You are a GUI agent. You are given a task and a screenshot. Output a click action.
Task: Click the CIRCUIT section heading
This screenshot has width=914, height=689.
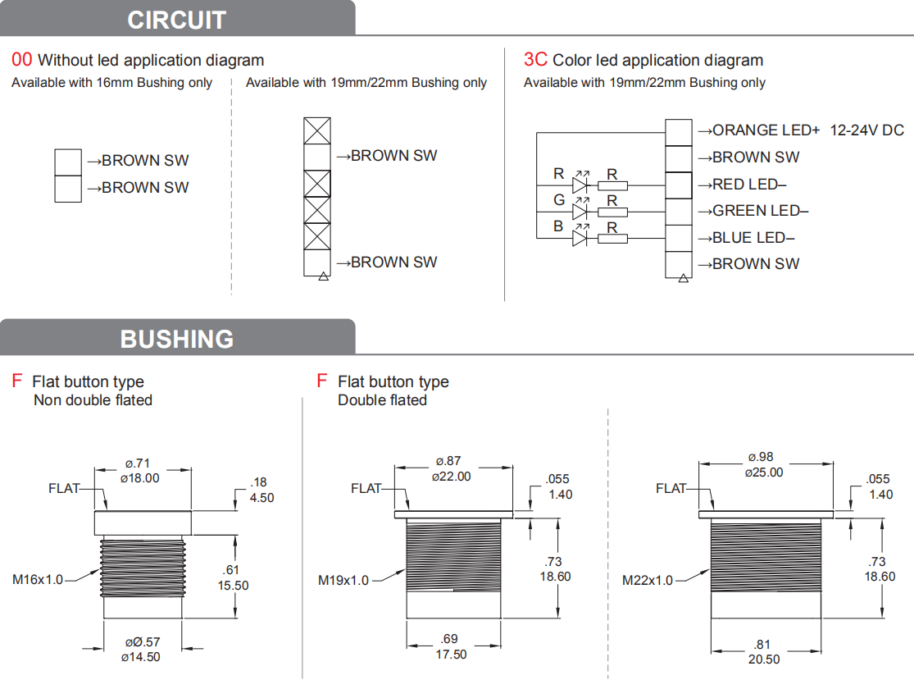(176, 20)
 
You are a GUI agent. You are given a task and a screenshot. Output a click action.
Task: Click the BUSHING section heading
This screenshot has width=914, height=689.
(176, 339)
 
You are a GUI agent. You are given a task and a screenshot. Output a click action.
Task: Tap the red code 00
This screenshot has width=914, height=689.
(21, 60)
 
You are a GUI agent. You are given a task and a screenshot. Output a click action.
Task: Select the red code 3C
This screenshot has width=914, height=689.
(535, 60)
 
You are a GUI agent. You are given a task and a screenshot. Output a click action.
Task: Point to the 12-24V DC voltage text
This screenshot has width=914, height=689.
(866, 130)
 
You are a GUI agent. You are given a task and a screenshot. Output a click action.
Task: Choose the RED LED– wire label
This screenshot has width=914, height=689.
(743, 185)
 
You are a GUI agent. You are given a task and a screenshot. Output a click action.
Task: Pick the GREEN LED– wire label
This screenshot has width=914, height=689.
(753, 211)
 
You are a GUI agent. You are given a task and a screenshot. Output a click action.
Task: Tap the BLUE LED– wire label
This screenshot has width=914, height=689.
(747, 238)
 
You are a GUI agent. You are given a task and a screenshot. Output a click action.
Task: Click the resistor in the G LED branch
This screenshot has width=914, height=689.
(612, 212)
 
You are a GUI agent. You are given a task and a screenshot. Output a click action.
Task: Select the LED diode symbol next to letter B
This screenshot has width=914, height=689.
(580, 238)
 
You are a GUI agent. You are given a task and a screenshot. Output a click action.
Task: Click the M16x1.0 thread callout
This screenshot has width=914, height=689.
(38, 579)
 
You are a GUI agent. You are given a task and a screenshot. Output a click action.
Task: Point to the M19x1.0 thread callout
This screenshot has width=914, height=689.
(343, 581)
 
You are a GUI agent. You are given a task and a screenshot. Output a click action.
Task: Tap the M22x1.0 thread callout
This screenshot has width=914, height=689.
(647, 581)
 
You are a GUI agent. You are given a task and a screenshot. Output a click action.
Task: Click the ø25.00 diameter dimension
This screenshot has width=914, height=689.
(764, 472)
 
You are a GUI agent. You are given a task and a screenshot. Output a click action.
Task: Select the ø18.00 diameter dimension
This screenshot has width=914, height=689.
(140, 478)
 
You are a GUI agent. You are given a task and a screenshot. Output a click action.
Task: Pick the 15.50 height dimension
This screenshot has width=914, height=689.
(233, 585)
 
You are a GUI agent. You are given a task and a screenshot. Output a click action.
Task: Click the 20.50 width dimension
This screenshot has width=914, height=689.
(764, 659)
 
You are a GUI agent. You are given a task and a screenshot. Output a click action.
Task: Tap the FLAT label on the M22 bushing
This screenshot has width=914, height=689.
(671, 488)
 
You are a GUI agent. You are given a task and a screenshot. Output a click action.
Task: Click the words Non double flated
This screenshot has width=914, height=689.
(93, 400)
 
